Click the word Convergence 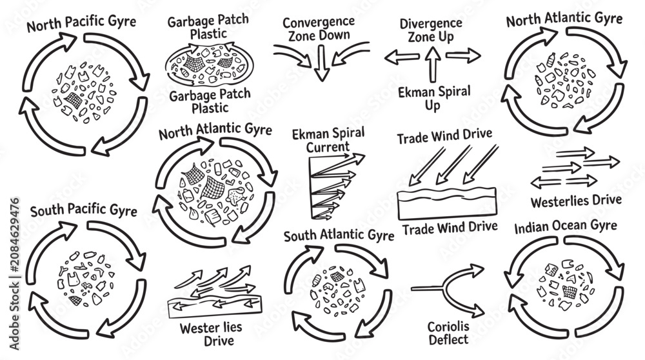pyautogui.click(x=319, y=22)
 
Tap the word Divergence pyautogui.click(x=431, y=24)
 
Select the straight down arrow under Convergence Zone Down pyautogui.click(x=322, y=63)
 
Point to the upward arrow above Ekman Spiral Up pyautogui.click(x=432, y=65)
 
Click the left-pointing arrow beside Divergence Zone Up pyautogui.click(x=402, y=57)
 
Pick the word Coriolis pyautogui.click(x=448, y=326)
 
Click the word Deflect pyautogui.click(x=448, y=339)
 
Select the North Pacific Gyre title pyautogui.click(x=81, y=23)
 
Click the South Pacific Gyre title pyautogui.click(x=83, y=210)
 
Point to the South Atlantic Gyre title pyautogui.click(x=339, y=235)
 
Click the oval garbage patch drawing pyautogui.click(x=210, y=65)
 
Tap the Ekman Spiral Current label pyautogui.click(x=328, y=140)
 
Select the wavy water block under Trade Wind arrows pyautogui.click(x=447, y=203)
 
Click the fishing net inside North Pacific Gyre pyautogui.click(x=74, y=100)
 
